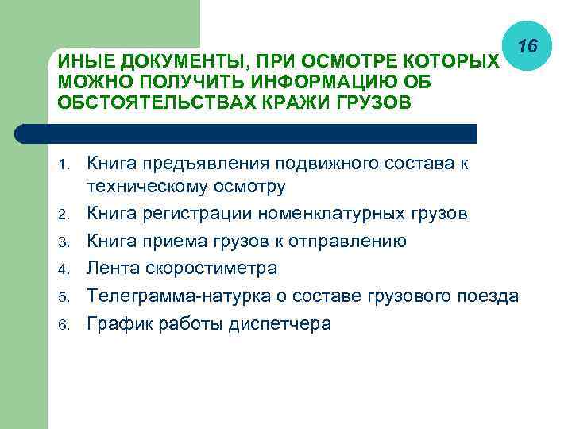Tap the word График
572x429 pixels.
coord(118,324)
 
